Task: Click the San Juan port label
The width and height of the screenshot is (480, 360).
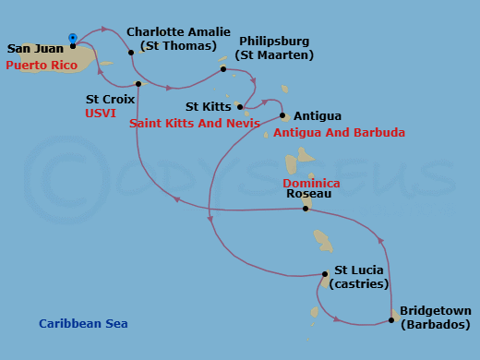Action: point(35,49)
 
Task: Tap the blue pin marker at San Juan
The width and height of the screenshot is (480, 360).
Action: point(72,38)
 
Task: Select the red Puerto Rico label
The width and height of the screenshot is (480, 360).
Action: point(42,66)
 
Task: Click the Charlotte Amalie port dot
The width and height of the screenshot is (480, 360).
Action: point(131,53)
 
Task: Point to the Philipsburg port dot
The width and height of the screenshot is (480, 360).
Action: point(223,69)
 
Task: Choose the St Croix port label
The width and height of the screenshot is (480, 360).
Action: point(110,98)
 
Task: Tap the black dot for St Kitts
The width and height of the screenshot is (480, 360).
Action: point(240,107)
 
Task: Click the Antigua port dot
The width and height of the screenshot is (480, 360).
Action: point(282,115)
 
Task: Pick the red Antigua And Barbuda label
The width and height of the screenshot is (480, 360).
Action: point(340,133)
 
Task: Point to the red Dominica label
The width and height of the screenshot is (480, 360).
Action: point(311,184)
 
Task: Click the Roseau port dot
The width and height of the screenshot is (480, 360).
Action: point(306,209)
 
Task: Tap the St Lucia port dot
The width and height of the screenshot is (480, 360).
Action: point(325,274)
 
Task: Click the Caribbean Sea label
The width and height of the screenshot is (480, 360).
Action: point(83,324)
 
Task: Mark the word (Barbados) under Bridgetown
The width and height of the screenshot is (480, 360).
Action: point(435,325)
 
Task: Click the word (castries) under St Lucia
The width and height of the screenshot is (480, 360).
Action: point(361,284)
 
